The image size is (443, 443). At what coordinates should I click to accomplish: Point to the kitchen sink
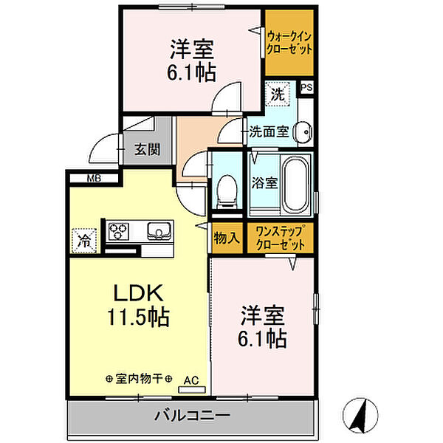click(158, 232)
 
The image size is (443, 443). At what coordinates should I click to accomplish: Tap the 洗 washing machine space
click(277, 95)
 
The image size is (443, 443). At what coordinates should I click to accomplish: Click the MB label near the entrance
click(95, 177)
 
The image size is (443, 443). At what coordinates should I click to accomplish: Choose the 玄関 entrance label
click(147, 149)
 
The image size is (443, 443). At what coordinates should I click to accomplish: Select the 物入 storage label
click(227, 238)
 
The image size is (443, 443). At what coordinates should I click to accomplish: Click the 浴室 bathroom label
click(265, 182)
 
